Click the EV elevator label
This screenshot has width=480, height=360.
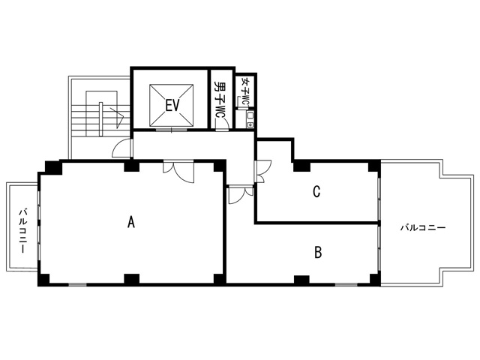point(172,106)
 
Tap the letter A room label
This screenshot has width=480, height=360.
point(131,222)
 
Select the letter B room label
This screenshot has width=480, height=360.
point(318,253)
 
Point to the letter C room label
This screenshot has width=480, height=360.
point(316,191)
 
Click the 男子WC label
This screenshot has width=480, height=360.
point(220,99)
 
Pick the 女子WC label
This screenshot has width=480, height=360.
point(245,91)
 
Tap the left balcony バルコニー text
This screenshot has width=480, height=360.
point(23,230)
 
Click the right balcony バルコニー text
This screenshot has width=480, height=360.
point(423,228)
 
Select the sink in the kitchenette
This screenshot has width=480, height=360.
point(250,115)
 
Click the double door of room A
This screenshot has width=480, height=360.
point(178,172)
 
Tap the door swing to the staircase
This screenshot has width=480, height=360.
point(122,148)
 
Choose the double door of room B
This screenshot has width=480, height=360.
point(241,194)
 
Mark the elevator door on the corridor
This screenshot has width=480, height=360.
point(172,130)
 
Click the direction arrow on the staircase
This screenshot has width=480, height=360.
point(118,118)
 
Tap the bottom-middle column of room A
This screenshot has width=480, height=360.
point(132,279)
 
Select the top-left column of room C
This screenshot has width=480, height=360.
point(301,166)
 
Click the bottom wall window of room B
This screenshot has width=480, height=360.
point(346,285)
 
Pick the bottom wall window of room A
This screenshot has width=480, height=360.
point(77,285)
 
